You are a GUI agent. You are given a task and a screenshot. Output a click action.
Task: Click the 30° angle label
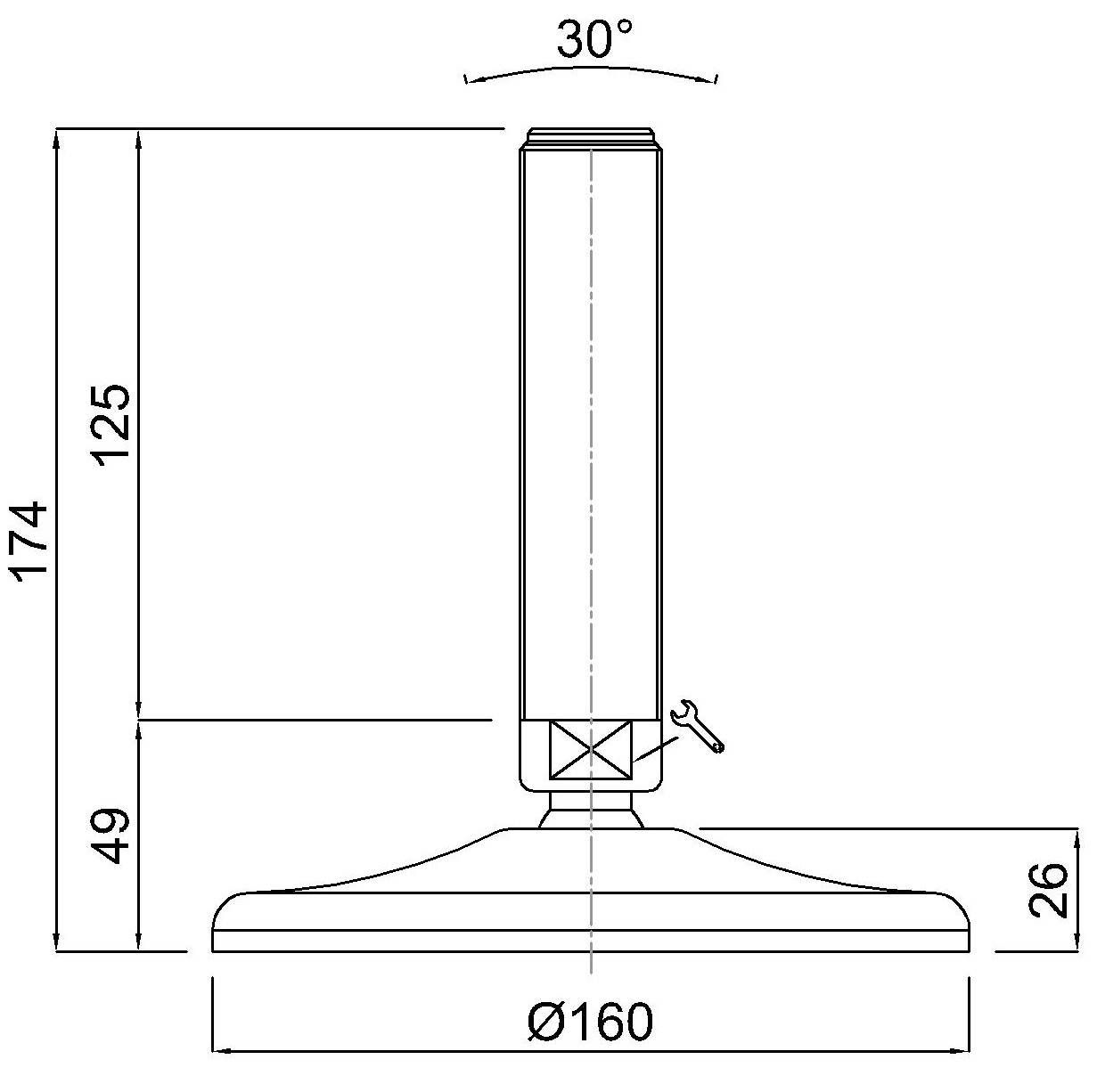(594, 40)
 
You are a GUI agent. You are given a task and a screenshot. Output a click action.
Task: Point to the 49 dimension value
(112, 835)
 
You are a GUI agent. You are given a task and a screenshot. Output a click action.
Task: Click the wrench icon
(697, 726)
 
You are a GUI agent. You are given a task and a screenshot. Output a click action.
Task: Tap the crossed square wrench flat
(590, 749)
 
